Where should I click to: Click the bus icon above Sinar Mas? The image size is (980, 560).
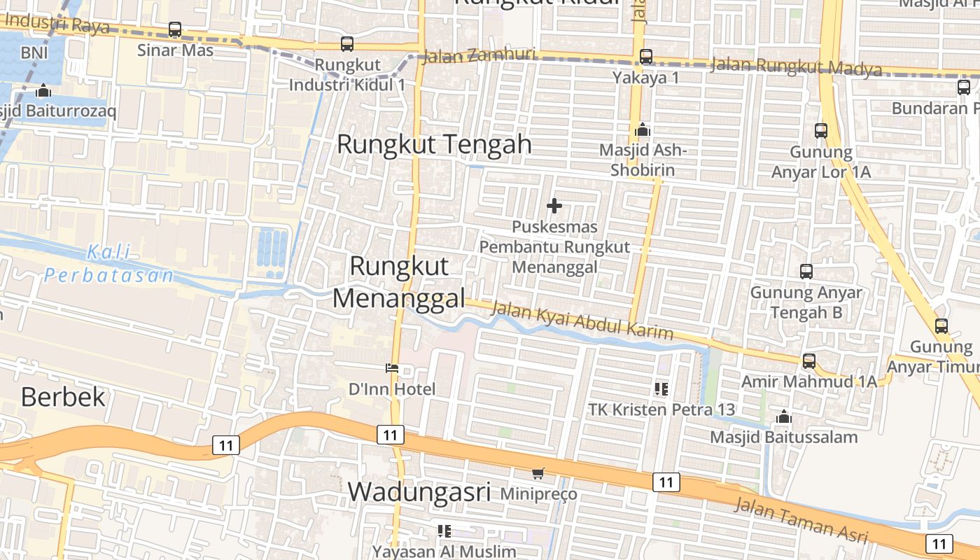tap(175, 30)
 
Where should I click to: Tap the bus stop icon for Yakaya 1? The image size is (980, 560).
tap(645, 57)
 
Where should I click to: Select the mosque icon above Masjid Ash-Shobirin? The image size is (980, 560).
tap(642, 130)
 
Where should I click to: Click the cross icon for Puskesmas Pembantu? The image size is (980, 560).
tap(554, 206)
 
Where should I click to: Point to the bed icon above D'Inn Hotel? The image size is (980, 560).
tap(392, 368)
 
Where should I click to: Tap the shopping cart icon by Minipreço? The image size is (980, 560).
tap(538, 474)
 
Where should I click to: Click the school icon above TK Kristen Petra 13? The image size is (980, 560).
tap(661, 388)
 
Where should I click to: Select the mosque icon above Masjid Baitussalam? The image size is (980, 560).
tap(783, 417)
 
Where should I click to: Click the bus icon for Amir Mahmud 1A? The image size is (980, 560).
tap(809, 361)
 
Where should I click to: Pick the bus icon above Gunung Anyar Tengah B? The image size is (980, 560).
tap(806, 272)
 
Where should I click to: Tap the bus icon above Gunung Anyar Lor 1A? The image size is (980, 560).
tap(821, 131)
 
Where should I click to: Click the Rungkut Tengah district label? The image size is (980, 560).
tap(434, 145)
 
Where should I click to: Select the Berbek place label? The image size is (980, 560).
tap(63, 397)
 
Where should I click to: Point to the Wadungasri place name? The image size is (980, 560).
tap(419, 491)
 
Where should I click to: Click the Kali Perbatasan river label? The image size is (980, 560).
tap(109, 264)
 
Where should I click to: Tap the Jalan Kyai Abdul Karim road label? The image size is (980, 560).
tap(582, 320)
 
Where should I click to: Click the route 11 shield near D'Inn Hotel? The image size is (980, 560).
tap(390, 435)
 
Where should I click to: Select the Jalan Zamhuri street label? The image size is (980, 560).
tap(480, 55)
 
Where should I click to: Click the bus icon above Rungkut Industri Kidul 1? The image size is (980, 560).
tap(347, 44)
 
